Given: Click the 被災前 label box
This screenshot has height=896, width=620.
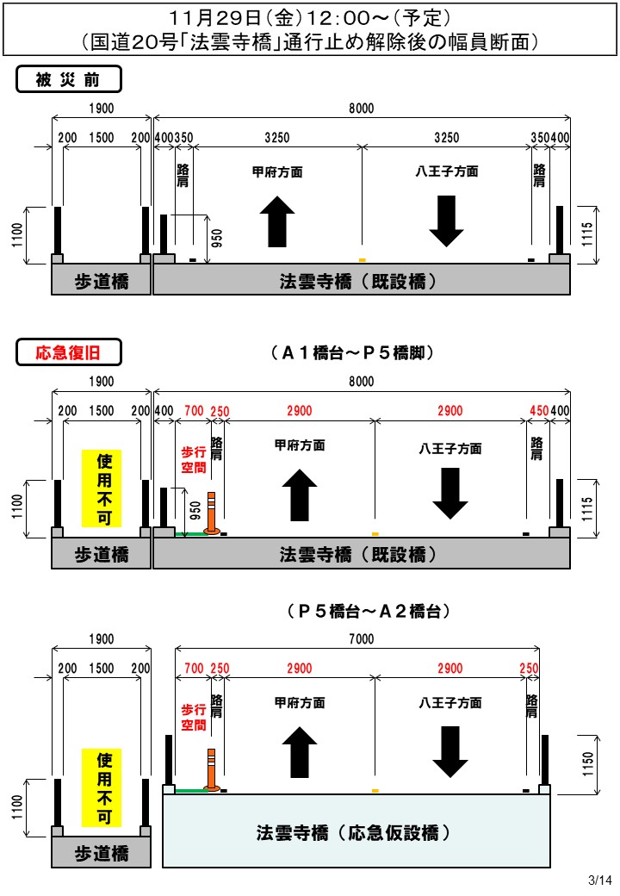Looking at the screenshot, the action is (69, 80).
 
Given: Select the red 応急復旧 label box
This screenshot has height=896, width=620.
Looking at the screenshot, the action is (69, 352).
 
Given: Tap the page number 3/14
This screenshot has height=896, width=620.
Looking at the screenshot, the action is (599, 880).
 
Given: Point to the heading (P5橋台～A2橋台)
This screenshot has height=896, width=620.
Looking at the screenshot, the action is (368, 611).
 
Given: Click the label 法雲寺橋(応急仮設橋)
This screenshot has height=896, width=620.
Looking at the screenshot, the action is (354, 833).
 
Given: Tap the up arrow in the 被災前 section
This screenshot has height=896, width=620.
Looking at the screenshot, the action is (277, 221).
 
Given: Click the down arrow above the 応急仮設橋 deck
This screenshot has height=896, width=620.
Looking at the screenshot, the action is (450, 751).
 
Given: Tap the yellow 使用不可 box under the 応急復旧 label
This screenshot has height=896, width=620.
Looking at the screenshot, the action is (103, 488).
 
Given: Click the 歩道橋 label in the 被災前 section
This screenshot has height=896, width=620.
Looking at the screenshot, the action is (102, 281).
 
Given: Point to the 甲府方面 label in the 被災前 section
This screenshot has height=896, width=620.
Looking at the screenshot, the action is (277, 172).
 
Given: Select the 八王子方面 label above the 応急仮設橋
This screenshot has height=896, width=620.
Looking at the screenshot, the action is (450, 703).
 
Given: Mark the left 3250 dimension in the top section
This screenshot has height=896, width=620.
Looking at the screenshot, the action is (277, 138).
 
